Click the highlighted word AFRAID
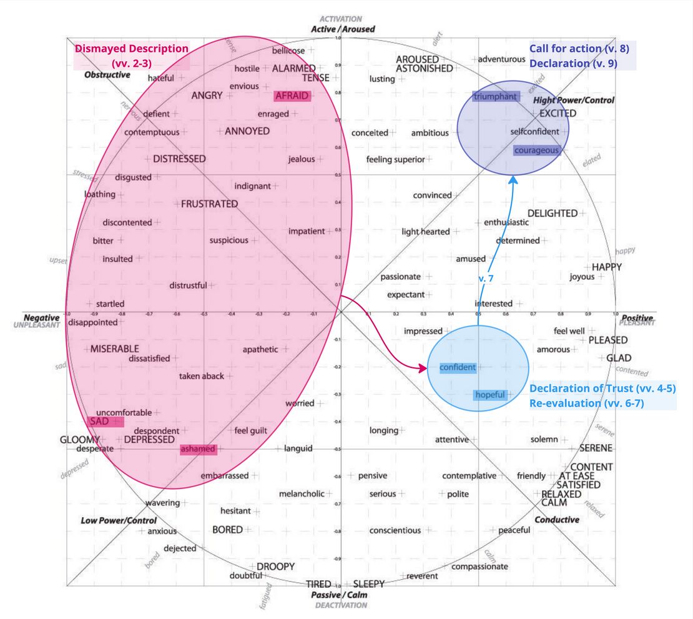[x=292, y=96]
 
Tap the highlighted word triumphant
[x=495, y=96]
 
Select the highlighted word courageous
[x=536, y=151]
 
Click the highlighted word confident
[x=458, y=367]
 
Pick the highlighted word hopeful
[x=490, y=395]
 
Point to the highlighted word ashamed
[x=197, y=449]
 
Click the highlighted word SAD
[x=100, y=422]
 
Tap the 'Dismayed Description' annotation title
[x=131, y=49]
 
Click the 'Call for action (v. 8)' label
[x=574, y=49]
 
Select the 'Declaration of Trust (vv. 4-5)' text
[x=602, y=389]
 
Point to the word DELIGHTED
[x=553, y=213]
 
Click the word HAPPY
[x=607, y=267]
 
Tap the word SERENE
[x=596, y=448]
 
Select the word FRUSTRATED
[x=209, y=204]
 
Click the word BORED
[x=227, y=530]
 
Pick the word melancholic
[x=302, y=493]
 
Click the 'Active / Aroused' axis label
[x=343, y=29]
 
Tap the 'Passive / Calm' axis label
[x=339, y=595]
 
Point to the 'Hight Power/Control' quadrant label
[x=573, y=100]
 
